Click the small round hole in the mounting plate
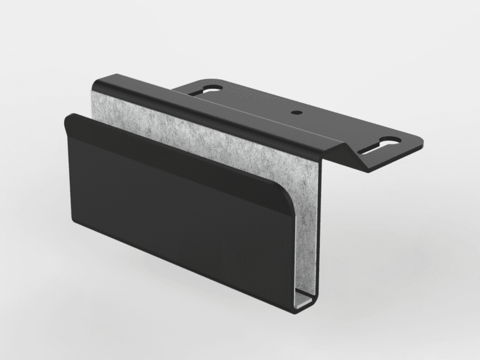(x=296, y=112)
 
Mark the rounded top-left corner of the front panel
(x=67, y=119)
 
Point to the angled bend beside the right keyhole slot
(x=360, y=157)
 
